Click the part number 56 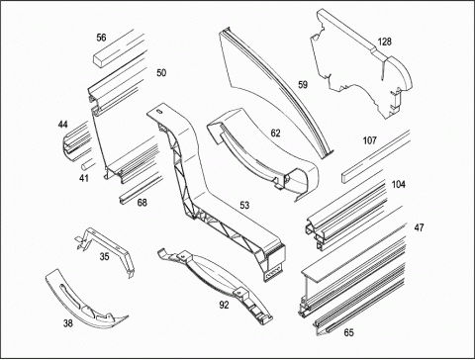coord(101,38)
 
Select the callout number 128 coord(385,42)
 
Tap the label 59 coord(303,85)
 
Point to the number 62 coord(275,134)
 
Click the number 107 coord(370,140)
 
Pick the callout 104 coord(399,185)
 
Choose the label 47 coord(419,227)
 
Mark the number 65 coord(348,332)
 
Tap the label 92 coord(224,306)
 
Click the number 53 coord(244,206)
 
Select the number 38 coord(68,323)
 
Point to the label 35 coord(104,256)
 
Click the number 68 coord(142,203)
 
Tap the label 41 coord(84,178)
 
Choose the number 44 coord(63,125)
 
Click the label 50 coord(161,73)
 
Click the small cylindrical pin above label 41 coord(87,164)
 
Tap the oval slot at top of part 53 coord(159,112)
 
